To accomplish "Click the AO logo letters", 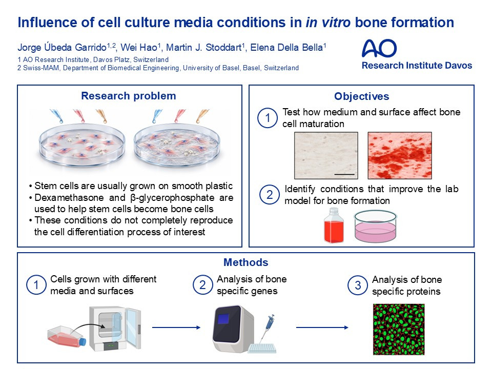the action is point(379,48).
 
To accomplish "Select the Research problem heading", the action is point(128,96).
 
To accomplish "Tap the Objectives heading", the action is point(361,96).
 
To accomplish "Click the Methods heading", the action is point(245,262).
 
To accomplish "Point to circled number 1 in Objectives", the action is point(268,118).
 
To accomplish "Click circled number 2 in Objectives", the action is point(270,195).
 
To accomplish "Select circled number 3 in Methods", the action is point(358,285).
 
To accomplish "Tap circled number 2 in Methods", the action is point(203,285).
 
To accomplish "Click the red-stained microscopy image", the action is point(400,155).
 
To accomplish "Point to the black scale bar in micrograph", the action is point(344,174).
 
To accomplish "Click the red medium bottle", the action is point(334,225).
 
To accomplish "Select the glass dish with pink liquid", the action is point(375,226).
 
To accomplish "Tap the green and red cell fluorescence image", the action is point(399,329).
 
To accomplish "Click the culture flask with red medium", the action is point(67,338).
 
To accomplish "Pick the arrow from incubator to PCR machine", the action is point(176,327).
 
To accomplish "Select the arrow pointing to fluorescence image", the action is point(322,327).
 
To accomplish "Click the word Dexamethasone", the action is point(69,198).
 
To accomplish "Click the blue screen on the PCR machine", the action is point(223,319).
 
